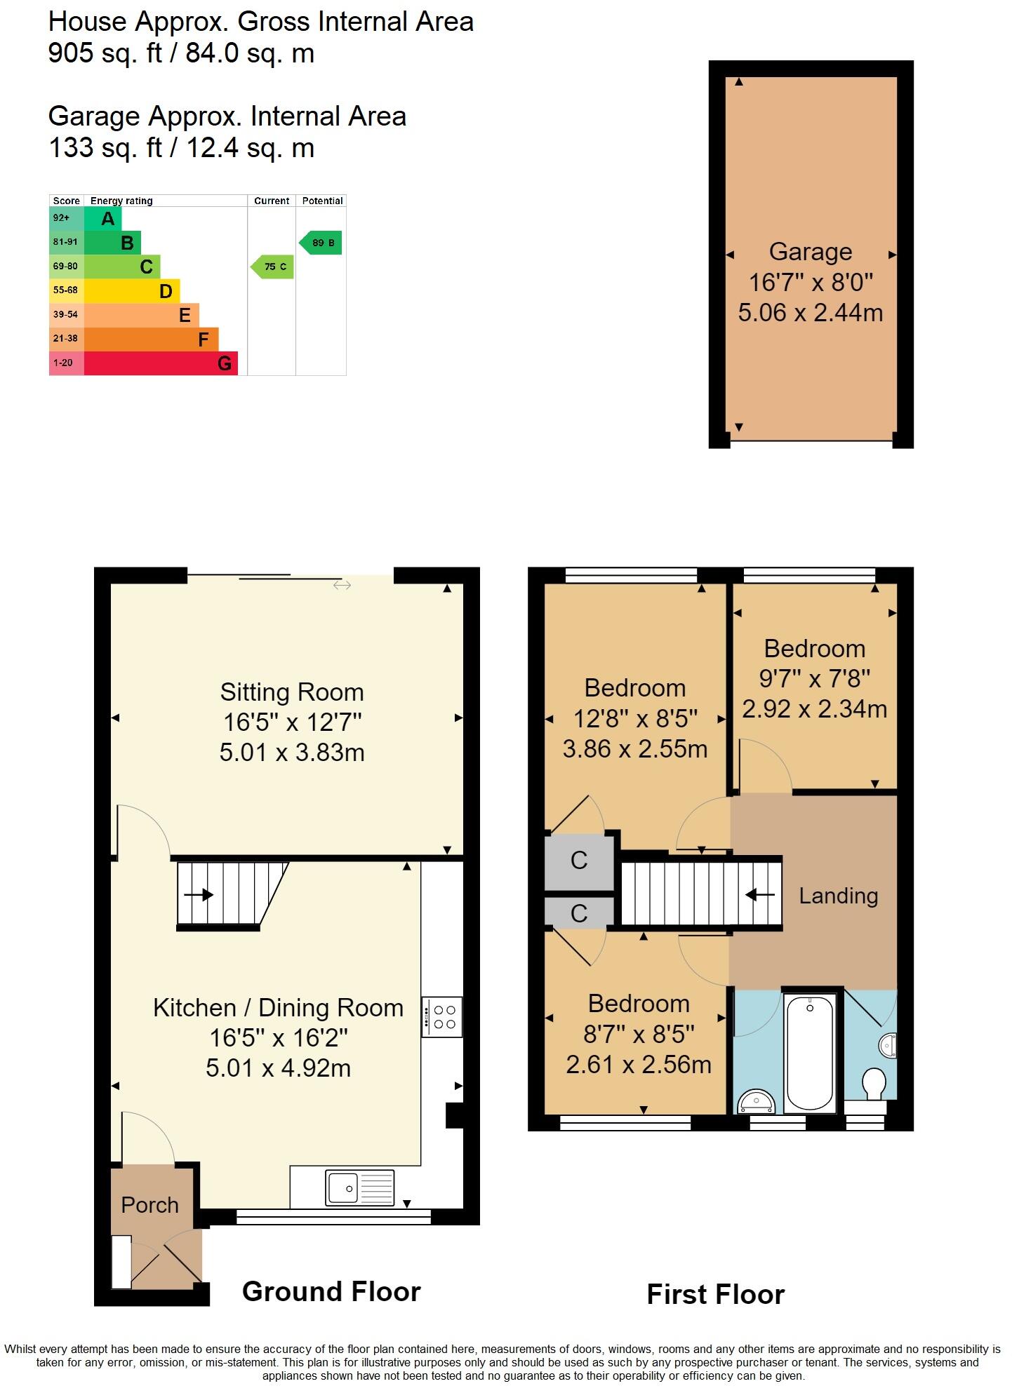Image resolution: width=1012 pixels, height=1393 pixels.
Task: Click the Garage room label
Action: tap(810, 252)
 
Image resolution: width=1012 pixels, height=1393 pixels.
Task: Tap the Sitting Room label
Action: tap(292, 692)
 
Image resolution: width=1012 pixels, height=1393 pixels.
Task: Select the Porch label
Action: tap(149, 1205)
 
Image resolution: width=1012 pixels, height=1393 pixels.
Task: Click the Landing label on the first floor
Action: tap(838, 896)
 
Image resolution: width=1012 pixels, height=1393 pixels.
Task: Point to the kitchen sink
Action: tap(360, 1187)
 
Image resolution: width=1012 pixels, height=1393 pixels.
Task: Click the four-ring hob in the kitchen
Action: tap(443, 1016)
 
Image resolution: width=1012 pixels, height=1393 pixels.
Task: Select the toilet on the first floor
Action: tap(874, 1084)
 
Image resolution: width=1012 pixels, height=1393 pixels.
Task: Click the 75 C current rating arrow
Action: tap(272, 267)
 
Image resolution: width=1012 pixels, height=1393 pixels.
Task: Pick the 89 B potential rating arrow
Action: tap(321, 243)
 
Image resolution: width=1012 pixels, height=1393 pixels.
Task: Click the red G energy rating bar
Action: tap(161, 363)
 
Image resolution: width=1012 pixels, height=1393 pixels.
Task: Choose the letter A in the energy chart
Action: tap(107, 219)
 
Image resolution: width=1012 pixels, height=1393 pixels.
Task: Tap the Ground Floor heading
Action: tap(331, 1291)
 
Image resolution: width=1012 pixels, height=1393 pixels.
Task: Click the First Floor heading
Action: tap(715, 1294)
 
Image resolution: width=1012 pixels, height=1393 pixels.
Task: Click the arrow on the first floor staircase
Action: tap(761, 895)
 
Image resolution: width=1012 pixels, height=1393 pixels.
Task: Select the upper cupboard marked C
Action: tap(579, 860)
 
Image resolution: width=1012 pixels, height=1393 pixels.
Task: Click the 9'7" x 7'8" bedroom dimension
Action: tap(814, 678)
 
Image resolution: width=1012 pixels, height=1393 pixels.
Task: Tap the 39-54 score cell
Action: tap(66, 315)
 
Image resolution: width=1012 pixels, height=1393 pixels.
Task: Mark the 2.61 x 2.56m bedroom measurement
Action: tap(638, 1065)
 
